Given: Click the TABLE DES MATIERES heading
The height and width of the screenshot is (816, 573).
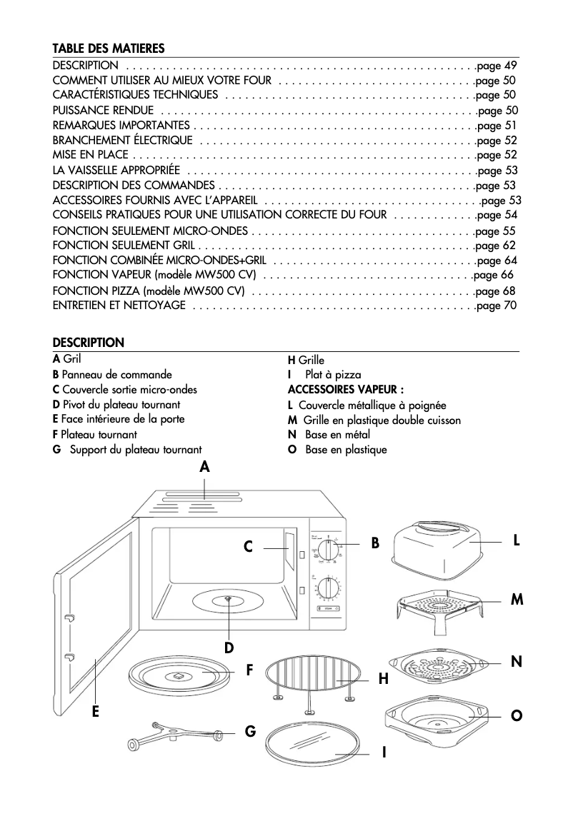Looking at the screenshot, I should coord(109,49).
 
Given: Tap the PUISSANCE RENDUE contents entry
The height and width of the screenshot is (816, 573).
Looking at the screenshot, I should coord(103,110).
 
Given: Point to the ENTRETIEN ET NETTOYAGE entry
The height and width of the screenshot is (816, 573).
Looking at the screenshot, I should coord(119,306).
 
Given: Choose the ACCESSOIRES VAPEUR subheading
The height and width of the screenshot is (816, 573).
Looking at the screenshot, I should coord(345,389).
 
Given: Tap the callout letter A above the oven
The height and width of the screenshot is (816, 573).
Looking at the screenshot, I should coord(204,468).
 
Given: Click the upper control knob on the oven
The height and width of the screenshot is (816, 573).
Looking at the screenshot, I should coord(329,551).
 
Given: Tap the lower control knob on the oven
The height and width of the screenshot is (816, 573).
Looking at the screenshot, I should coord(329,588).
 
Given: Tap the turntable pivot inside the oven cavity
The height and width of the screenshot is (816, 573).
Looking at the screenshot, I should coord(227,599).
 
